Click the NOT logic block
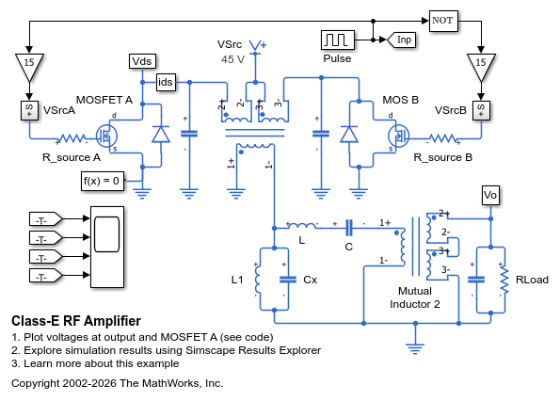coord(443,21)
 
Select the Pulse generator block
coord(338,40)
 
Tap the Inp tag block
coord(401,40)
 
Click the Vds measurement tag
coord(142,61)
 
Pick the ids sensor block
coord(166,82)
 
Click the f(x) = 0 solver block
coord(103,181)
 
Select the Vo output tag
coord(490,195)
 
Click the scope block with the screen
coord(107,247)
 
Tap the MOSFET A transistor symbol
coord(106,136)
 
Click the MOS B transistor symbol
coord(398,136)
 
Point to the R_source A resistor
coord(72,138)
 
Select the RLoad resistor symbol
coord(504,280)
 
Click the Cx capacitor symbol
coord(288,280)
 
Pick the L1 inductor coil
coord(258,280)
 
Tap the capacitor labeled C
coord(349,228)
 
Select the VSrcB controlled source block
coord(481,109)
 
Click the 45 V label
coord(232,59)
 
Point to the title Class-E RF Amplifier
coord(76,321)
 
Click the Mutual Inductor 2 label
coord(415,297)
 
